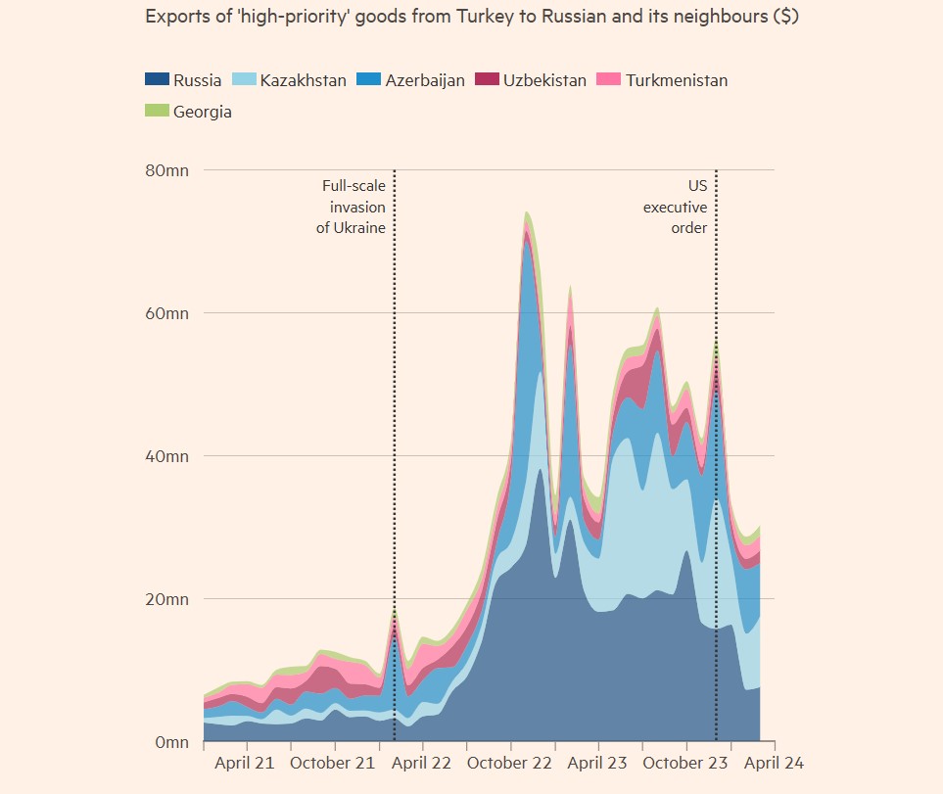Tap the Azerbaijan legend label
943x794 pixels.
(424, 80)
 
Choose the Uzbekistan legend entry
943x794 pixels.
(544, 80)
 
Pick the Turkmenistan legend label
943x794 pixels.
(676, 80)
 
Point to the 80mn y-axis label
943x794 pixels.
(167, 170)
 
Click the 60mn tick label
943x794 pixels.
(167, 313)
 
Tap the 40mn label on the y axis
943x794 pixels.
(167, 456)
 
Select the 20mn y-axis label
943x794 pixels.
(167, 599)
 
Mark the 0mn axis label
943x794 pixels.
(170, 742)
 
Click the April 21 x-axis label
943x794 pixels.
(245, 763)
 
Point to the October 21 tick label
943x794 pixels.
(334, 763)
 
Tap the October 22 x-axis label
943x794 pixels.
(510, 763)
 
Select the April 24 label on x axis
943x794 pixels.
(774, 763)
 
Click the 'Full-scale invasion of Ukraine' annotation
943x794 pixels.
(354, 207)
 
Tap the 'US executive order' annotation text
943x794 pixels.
(675, 207)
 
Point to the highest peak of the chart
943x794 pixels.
(527, 212)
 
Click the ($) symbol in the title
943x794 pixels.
(785, 19)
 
